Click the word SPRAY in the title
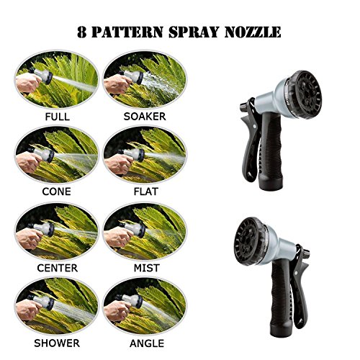click(x=194, y=32)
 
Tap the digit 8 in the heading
click(x=82, y=32)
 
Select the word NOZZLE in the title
click(x=253, y=32)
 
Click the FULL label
click(x=58, y=117)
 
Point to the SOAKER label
click(x=145, y=117)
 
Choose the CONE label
click(x=57, y=192)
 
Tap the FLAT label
click(x=145, y=192)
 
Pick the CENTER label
click(x=58, y=268)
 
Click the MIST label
click(x=147, y=268)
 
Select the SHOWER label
click(x=57, y=343)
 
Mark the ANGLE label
click(x=147, y=343)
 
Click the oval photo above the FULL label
click(x=57, y=79)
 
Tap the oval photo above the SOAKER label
click(x=145, y=79)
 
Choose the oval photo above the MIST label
click(x=145, y=231)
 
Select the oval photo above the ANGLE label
click(x=145, y=307)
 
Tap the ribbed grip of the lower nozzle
click(x=282, y=297)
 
